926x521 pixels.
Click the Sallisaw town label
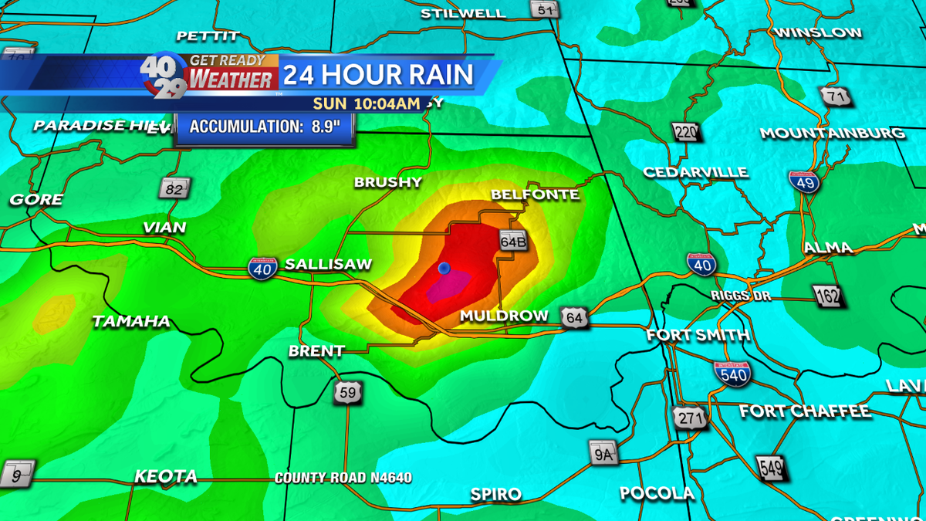click(x=328, y=265)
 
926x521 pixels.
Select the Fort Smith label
click(x=698, y=336)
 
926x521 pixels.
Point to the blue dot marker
click(x=444, y=268)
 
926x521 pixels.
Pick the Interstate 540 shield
click(x=731, y=374)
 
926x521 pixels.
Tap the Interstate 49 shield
click(x=804, y=183)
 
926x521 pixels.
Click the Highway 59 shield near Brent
click(x=347, y=393)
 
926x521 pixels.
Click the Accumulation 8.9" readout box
click(x=265, y=127)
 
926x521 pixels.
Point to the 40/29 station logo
click(x=163, y=76)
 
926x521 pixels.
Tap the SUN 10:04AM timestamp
click(x=366, y=103)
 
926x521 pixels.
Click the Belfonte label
click(x=535, y=195)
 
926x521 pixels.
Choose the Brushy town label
click(x=388, y=183)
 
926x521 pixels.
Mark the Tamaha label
click(x=131, y=322)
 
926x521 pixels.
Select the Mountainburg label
click(x=832, y=134)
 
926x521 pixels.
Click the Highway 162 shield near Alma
click(x=826, y=295)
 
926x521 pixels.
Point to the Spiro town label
click(x=496, y=494)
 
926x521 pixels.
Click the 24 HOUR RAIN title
click(x=377, y=75)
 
